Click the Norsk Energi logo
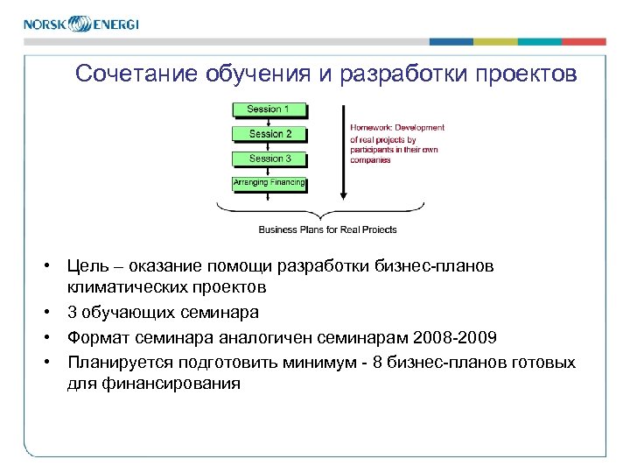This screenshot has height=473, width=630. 80,24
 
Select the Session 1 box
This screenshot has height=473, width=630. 269,109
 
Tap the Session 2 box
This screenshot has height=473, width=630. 269,134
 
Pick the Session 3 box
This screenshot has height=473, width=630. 269,159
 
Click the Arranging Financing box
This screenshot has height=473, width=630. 269,183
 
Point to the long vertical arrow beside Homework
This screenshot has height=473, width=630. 343,149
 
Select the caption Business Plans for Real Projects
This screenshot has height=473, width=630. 327,229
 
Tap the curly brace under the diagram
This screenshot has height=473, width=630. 320,210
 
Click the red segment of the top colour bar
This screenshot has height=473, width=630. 584,41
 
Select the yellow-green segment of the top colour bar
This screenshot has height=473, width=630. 495,41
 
